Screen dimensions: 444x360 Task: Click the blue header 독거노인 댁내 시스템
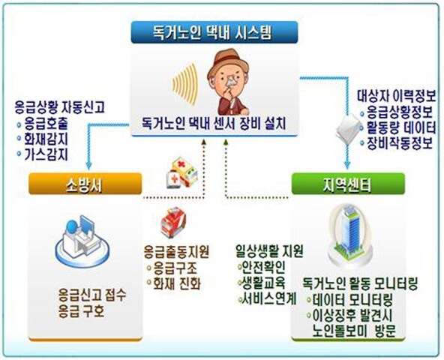pyautogui.click(x=214, y=32)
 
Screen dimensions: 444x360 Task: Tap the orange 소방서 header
pyautogui.click(x=85, y=184)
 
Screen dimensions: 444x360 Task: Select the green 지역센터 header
pyautogui.click(x=348, y=184)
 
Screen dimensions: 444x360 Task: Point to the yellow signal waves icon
pyautogui.click(x=185, y=82)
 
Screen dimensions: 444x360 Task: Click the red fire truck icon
pyautogui.click(x=172, y=222)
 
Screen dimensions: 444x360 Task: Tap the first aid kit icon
pyautogui.click(x=181, y=174)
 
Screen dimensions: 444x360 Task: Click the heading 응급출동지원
pyautogui.click(x=176, y=252)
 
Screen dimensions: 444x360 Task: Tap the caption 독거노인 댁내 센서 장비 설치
pyautogui.click(x=214, y=123)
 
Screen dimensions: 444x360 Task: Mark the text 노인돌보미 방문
pyautogui.click(x=354, y=331)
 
